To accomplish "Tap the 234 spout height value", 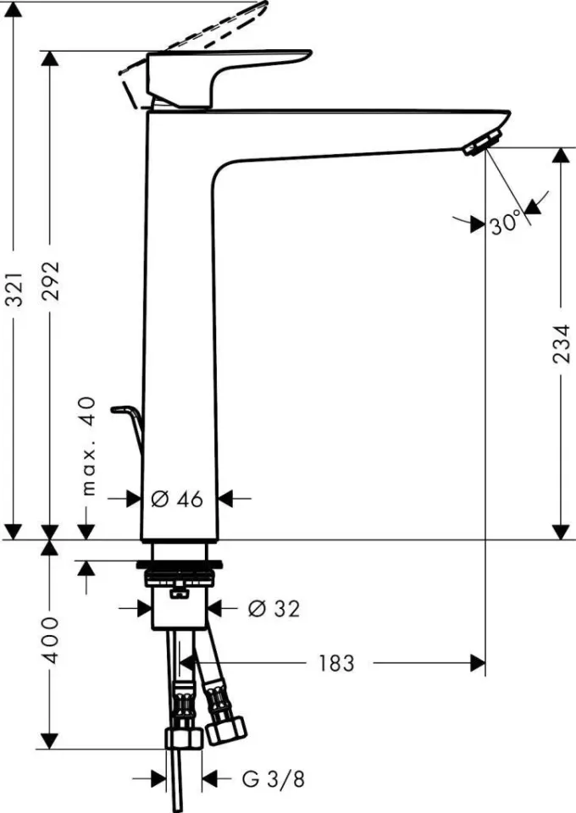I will (560, 346).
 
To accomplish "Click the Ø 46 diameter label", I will (178, 500).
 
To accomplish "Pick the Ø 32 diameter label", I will (274, 608).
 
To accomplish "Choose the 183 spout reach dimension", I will (336, 663).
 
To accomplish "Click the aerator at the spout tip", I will (481, 143).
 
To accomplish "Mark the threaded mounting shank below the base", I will (179, 583).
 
